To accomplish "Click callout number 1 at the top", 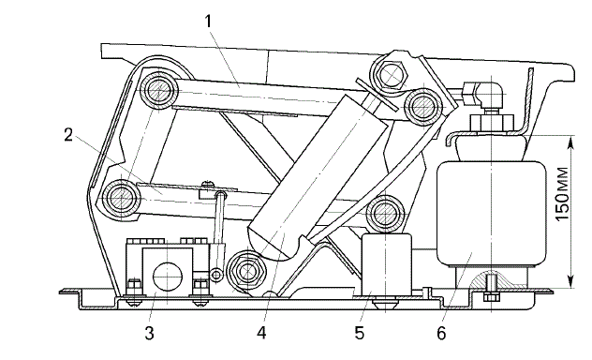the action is [x=208, y=22].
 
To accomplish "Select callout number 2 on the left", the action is [x=68, y=135].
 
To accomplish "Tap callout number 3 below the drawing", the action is [x=150, y=333].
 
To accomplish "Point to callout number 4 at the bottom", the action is [x=261, y=333].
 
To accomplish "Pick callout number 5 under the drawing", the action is [x=360, y=333].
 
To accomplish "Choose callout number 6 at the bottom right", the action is [x=441, y=333].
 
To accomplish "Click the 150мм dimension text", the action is [x=562, y=194].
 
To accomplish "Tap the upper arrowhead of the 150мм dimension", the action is [x=570, y=142].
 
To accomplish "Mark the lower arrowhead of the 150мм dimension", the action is [x=570, y=281].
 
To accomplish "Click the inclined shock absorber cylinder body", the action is [x=318, y=177].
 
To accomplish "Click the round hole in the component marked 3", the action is [x=168, y=277].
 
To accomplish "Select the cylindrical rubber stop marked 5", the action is [x=386, y=263].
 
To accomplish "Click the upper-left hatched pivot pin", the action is [x=158, y=90].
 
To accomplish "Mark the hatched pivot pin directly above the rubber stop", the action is [x=385, y=213].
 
